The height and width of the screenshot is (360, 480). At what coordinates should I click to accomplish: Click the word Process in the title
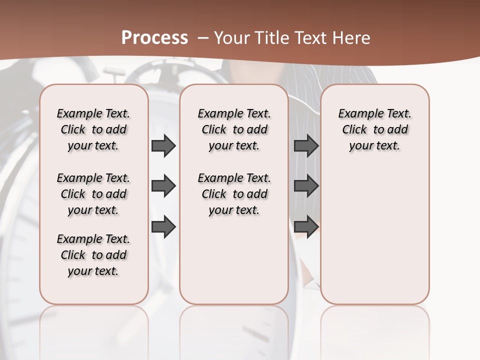click(154, 38)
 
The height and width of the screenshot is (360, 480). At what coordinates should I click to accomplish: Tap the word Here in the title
click(352, 38)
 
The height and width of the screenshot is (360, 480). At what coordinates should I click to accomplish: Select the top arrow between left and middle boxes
click(163, 145)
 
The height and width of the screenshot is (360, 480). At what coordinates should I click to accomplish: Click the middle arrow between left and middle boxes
click(163, 186)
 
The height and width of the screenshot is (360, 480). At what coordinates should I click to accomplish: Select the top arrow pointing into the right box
click(306, 145)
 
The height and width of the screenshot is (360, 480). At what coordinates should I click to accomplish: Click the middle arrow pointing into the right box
click(306, 186)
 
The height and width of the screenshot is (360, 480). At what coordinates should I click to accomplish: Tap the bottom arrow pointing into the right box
click(306, 226)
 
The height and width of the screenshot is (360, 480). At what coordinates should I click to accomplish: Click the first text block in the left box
click(93, 129)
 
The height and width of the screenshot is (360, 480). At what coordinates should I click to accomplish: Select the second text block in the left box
click(93, 194)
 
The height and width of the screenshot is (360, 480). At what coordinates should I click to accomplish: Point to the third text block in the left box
click(93, 255)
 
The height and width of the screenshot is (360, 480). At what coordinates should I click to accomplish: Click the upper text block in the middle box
click(234, 129)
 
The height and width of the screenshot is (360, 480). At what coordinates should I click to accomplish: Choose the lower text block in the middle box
click(234, 194)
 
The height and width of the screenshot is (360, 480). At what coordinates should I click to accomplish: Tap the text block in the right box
click(374, 129)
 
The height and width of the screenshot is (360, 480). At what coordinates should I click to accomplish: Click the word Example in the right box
click(356, 114)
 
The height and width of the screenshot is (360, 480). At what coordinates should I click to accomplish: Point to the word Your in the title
click(229, 38)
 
